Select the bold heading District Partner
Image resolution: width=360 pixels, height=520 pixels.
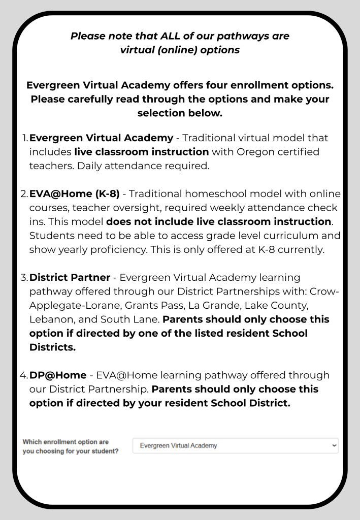[70, 278]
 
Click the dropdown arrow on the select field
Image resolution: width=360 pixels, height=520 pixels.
[333, 445]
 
